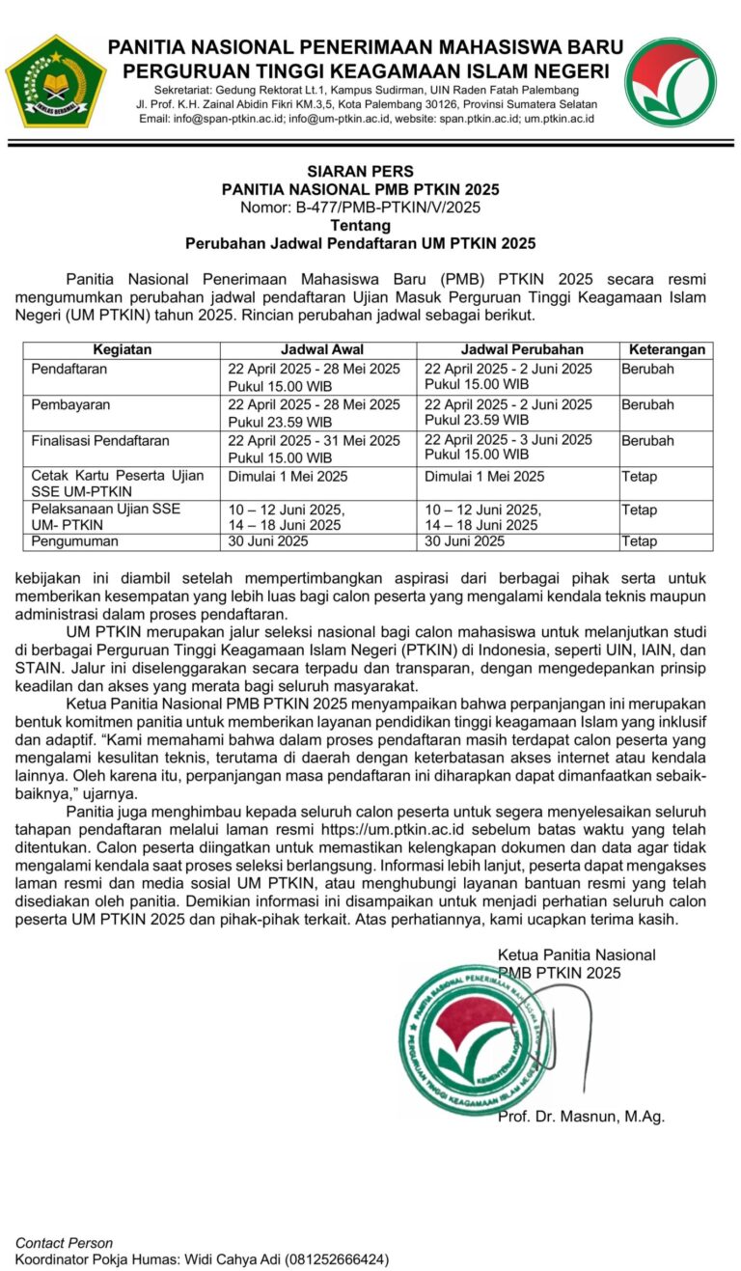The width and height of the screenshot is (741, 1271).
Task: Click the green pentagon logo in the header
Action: coord(56,82)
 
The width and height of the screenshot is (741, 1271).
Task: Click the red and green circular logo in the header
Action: coord(670,82)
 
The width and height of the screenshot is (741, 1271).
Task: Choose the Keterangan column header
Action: coord(667,349)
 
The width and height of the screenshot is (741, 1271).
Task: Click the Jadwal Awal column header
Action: coord(321,349)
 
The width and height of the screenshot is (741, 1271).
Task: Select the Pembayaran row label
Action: coord(69,404)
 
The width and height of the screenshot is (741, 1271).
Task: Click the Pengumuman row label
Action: coord(73,541)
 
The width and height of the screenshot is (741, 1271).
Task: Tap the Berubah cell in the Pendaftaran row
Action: coord(647,369)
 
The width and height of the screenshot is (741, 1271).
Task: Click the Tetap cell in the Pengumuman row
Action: coord(639,541)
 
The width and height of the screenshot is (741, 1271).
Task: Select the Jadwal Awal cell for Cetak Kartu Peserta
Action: coord(288,476)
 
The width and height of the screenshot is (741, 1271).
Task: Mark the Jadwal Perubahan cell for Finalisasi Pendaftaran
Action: coord(508,447)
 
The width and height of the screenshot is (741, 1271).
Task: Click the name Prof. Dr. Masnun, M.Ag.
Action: coord(581,1117)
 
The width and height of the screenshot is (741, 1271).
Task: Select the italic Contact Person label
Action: coord(64,1243)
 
